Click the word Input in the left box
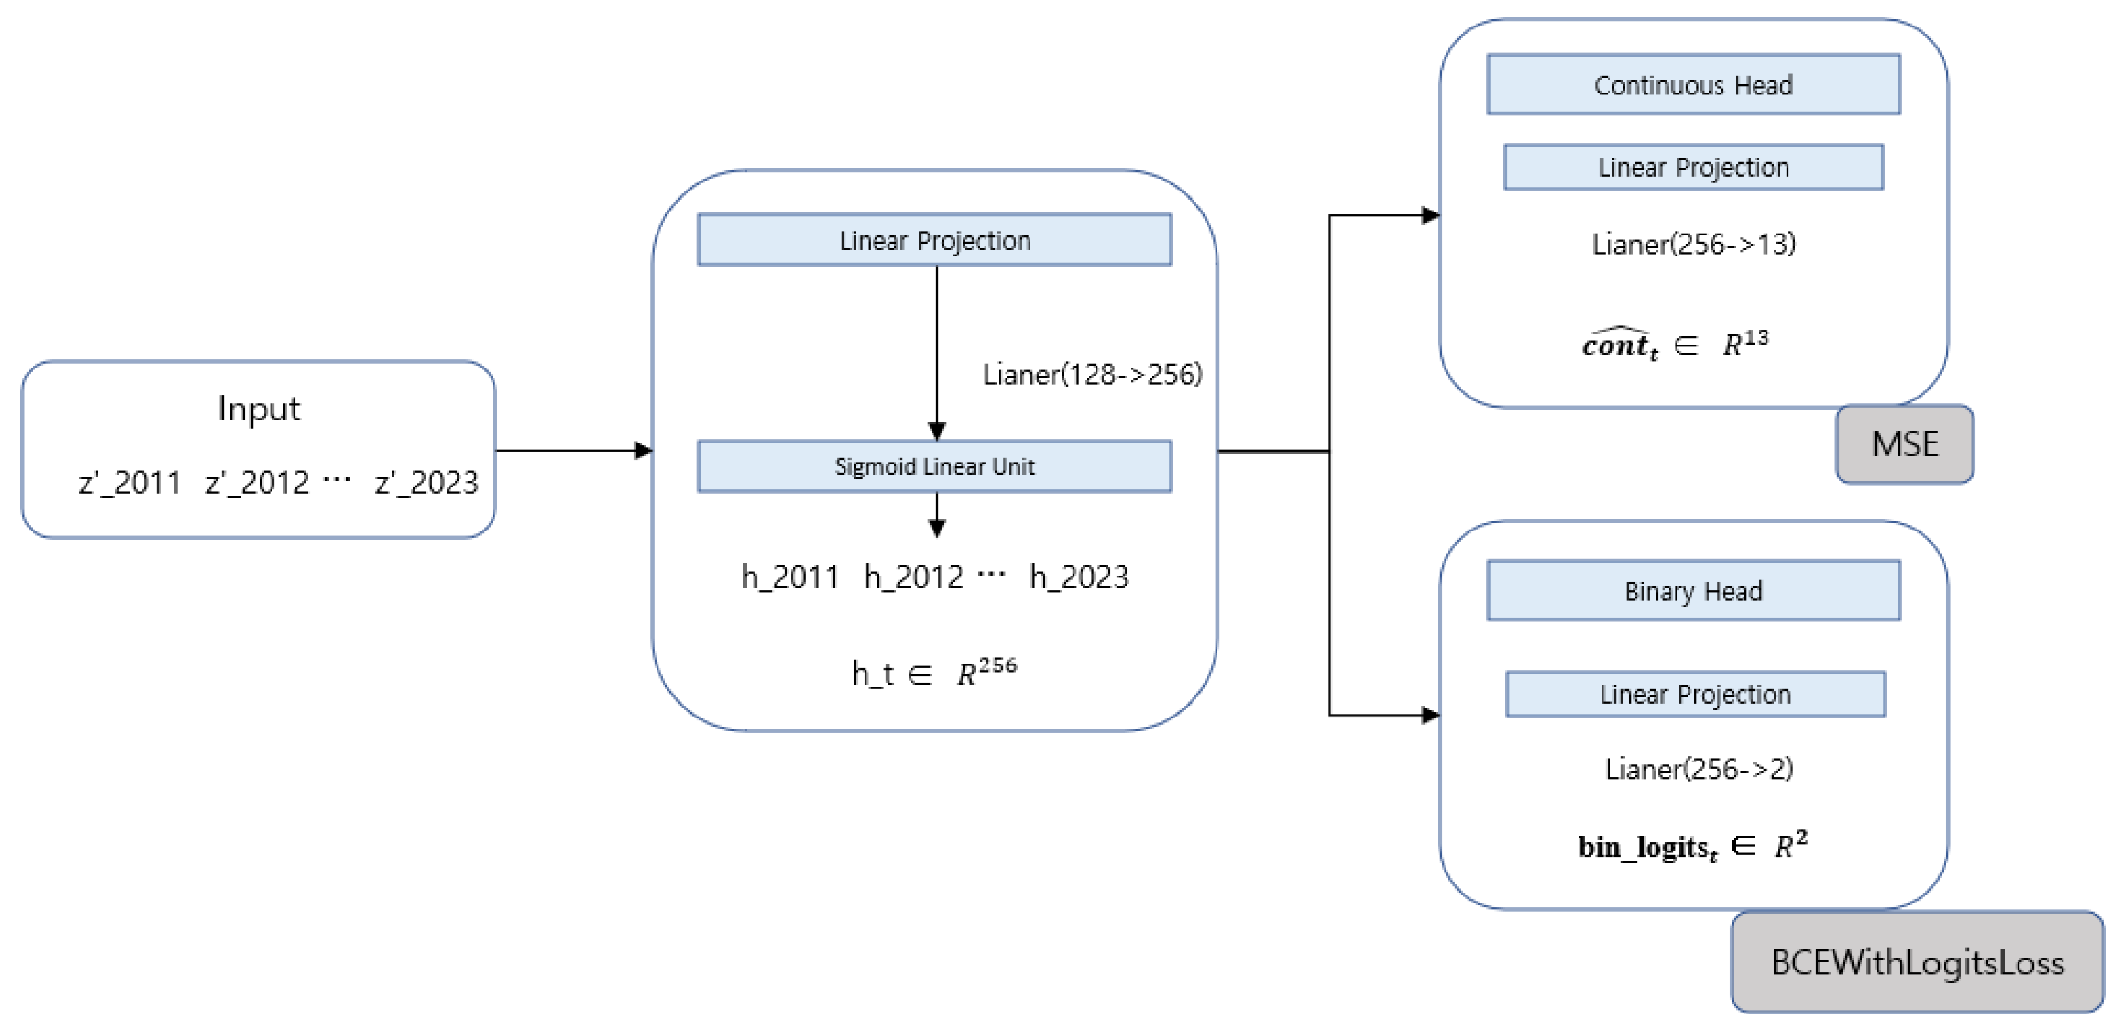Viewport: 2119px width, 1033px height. [258, 409]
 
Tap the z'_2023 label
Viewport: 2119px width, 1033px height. [426, 483]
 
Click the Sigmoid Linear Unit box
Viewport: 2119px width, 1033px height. [935, 466]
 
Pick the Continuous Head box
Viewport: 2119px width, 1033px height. [1693, 85]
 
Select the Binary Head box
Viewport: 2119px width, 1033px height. [1693, 591]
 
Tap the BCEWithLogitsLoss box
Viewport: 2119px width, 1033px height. [1917, 962]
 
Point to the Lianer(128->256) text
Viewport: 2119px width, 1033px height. [1092, 375]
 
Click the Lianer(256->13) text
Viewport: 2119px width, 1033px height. [1693, 244]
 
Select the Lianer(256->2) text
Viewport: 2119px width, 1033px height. [1699, 769]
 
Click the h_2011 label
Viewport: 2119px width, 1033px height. [790, 577]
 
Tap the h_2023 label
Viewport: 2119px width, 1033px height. [1078, 577]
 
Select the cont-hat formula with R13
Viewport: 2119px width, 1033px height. [1675, 344]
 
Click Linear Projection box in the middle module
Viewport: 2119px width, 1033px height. [935, 240]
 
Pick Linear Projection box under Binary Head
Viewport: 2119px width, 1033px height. [1695, 694]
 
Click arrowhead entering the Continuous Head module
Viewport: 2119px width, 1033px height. [1430, 216]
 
